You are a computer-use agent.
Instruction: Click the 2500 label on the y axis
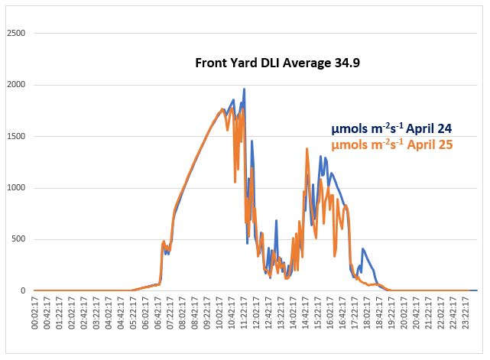click(x=15, y=34)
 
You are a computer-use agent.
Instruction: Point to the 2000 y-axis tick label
click(x=15, y=85)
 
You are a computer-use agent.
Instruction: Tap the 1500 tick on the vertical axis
click(x=15, y=136)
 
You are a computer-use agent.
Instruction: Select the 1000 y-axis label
click(x=15, y=188)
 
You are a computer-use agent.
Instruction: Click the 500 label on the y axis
click(x=18, y=239)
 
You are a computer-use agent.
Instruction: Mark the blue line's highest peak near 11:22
click(x=244, y=89)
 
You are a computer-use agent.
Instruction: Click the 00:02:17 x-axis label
click(x=35, y=320)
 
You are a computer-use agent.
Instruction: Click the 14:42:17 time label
click(x=305, y=320)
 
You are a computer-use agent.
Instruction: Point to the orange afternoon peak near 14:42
click(x=307, y=149)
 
